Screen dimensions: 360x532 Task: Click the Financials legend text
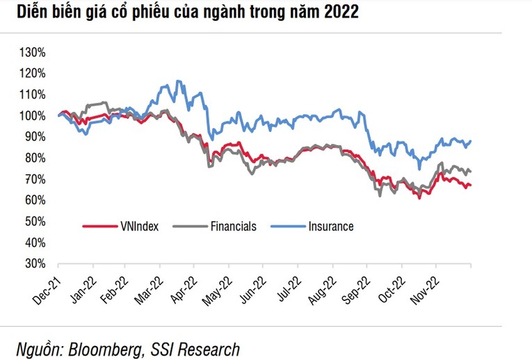coord(233,226)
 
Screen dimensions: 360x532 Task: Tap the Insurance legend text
coord(330,226)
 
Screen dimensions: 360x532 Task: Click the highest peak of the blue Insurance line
coord(178,81)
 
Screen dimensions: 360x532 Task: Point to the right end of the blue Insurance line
coord(471,141)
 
